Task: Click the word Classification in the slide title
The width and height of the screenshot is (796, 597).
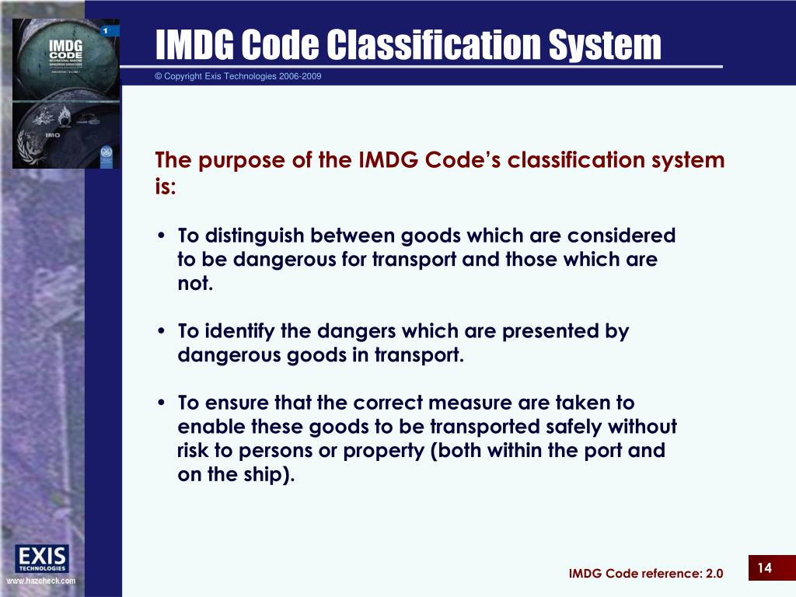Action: [436, 45]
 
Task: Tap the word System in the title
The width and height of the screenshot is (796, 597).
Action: [607, 45]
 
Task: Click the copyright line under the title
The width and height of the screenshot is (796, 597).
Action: [238, 76]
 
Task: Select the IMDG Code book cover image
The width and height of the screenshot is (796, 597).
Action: [66, 93]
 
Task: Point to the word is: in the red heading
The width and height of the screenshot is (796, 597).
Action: [166, 187]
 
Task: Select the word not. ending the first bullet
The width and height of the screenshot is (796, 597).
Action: [195, 284]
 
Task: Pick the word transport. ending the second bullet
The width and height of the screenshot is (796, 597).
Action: [420, 356]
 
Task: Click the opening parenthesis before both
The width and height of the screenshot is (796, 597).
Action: [434, 452]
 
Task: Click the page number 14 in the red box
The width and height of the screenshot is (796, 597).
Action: [764, 568]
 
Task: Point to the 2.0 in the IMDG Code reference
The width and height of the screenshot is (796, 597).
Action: [714, 574]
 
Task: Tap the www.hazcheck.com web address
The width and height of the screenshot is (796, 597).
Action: [41, 581]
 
